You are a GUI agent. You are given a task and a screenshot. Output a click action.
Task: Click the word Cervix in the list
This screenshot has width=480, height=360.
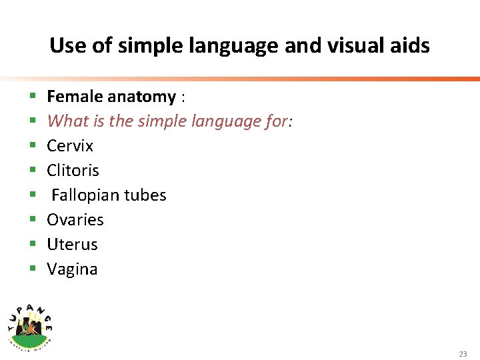click(x=70, y=146)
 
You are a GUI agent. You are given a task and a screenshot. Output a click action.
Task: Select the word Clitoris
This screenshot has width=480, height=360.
click(x=73, y=171)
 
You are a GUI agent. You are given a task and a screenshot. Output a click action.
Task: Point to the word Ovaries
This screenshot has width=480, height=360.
click(x=75, y=220)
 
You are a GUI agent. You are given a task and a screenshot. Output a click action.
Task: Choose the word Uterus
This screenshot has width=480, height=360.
click(x=72, y=245)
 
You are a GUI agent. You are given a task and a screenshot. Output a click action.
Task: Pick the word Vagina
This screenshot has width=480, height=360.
click(x=72, y=269)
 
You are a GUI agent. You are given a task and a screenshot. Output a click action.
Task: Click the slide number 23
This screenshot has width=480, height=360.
click(x=463, y=354)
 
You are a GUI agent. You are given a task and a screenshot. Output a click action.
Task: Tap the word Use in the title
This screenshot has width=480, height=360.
click(x=65, y=46)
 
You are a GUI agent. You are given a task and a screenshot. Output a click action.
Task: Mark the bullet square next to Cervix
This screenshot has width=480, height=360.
click(x=33, y=146)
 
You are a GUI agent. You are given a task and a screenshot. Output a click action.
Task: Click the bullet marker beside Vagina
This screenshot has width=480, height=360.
click(x=33, y=269)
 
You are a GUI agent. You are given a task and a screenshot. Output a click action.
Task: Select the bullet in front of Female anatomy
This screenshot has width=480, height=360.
click(x=33, y=97)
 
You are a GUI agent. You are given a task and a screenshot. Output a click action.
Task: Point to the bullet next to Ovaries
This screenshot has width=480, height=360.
click(x=33, y=220)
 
